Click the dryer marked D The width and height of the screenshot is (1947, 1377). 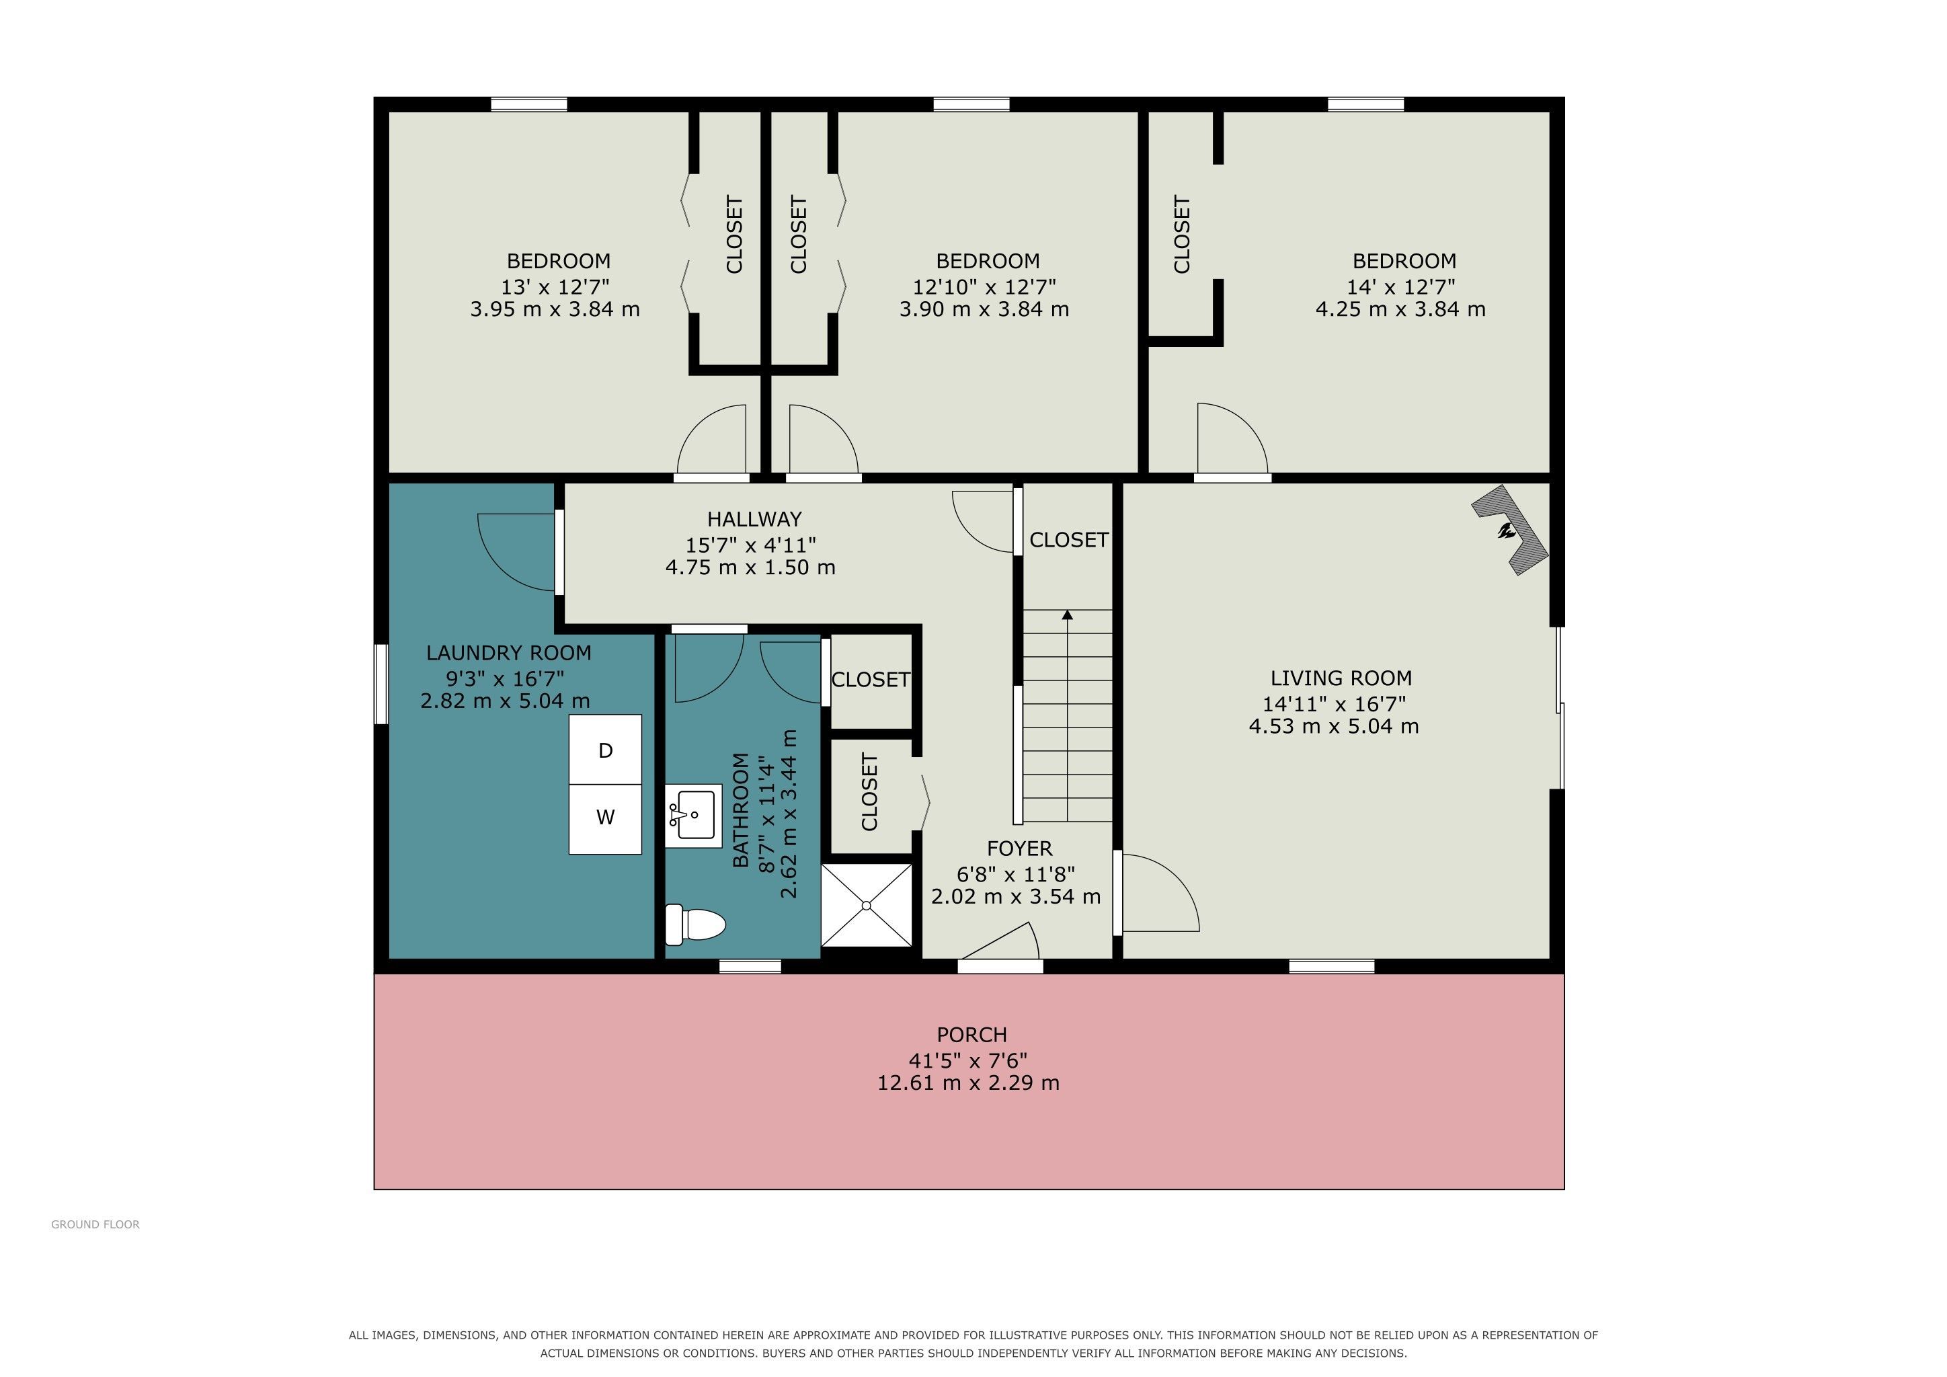pos(604,750)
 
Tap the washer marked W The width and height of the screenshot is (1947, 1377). pos(604,818)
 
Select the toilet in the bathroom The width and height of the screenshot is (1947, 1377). pos(695,924)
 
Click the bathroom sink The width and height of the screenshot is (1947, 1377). pos(693,816)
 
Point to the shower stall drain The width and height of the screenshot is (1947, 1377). pos(867,906)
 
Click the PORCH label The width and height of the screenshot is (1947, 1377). pos(971,1035)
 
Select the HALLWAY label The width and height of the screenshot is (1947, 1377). pos(754,519)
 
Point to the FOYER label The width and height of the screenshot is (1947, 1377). pos(1019,849)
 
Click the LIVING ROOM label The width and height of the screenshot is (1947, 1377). pos(1341,678)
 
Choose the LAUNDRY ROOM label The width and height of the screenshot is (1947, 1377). pos(509,653)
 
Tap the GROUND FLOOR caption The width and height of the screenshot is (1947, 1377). pos(95,1224)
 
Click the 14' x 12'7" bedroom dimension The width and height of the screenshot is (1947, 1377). pos(1401,286)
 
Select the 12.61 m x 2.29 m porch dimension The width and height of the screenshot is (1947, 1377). pos(968,1083)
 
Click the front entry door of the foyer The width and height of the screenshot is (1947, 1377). pos(1000,966)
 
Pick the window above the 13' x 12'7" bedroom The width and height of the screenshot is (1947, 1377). pos(529,104)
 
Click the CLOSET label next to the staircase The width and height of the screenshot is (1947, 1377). pos(1068,540)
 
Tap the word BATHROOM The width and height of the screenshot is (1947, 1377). pos(740,810)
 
